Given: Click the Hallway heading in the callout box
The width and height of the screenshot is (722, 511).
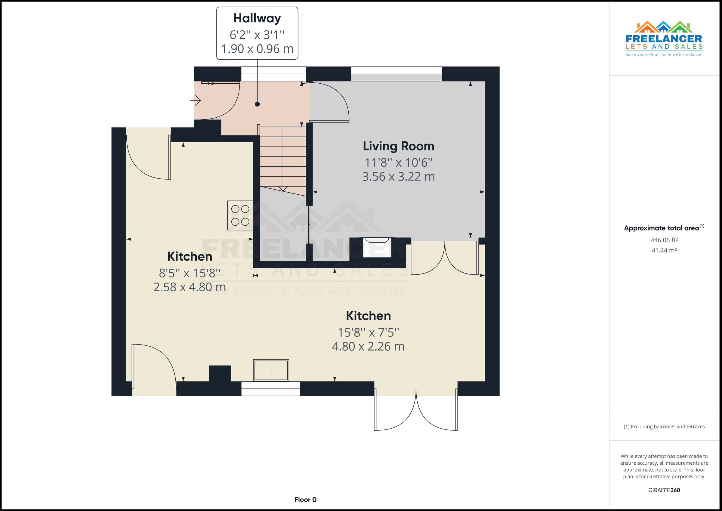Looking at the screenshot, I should (257, 18).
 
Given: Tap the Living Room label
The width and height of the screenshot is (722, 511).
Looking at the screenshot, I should (398, 146).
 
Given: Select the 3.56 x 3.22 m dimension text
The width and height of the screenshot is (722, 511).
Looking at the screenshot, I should (398, 177).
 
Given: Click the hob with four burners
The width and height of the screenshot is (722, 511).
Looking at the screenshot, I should (240, 215).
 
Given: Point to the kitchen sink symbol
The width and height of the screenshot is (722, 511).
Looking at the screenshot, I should (271, 370).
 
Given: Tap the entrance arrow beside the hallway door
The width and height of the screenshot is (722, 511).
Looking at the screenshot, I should (196, 101).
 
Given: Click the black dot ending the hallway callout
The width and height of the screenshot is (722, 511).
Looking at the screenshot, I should (257, 104).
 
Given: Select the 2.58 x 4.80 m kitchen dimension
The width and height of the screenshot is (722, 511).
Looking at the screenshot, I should (189, 287).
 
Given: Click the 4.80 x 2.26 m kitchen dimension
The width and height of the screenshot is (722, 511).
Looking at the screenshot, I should (368, 346).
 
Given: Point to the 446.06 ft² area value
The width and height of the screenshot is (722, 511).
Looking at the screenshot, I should (664, 240).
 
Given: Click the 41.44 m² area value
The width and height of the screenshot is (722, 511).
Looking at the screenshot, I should (664, 250).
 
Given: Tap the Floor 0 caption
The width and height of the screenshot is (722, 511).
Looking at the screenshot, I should (305, 500).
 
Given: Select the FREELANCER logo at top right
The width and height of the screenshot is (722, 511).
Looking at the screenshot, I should (664, 39).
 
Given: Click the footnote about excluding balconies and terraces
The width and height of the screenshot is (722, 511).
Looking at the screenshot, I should (664, 427).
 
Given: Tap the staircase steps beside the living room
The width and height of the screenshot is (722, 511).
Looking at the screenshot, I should (283, 157).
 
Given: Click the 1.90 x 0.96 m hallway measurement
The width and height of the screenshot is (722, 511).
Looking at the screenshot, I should (257, 49).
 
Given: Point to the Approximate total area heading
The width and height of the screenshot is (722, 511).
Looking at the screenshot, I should (664, 228).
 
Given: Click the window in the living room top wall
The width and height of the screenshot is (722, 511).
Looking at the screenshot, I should (396, 74).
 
